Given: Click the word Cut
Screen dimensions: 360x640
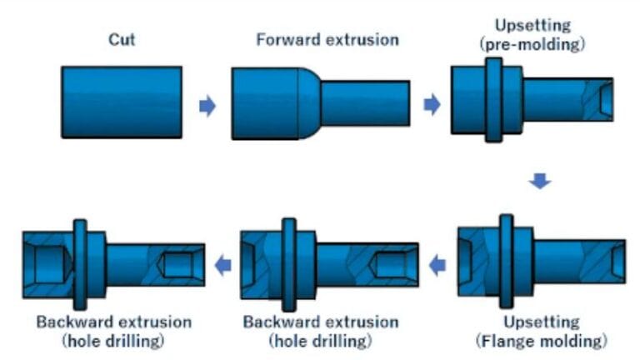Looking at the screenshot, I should click(x=122, y=38).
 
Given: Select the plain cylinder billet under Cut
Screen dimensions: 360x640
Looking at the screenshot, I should click(x=122, y=102).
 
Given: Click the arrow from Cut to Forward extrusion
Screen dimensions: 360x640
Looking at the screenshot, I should click(x=207, y=106).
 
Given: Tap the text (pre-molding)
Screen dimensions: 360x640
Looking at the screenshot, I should click(x=532, y=44).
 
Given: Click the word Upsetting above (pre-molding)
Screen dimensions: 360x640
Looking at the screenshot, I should click(x=532, y=24).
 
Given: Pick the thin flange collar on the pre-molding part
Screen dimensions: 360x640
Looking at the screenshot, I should click(x=493, y=99).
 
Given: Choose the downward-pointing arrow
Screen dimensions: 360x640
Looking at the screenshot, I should click(x=541, y=181).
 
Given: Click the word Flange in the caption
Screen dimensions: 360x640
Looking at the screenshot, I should click(x=509, y=341).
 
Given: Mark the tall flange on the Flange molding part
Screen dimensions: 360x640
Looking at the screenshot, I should click(x=506, y=258).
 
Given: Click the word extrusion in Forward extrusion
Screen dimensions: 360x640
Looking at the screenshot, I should click(x=362, y=39).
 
